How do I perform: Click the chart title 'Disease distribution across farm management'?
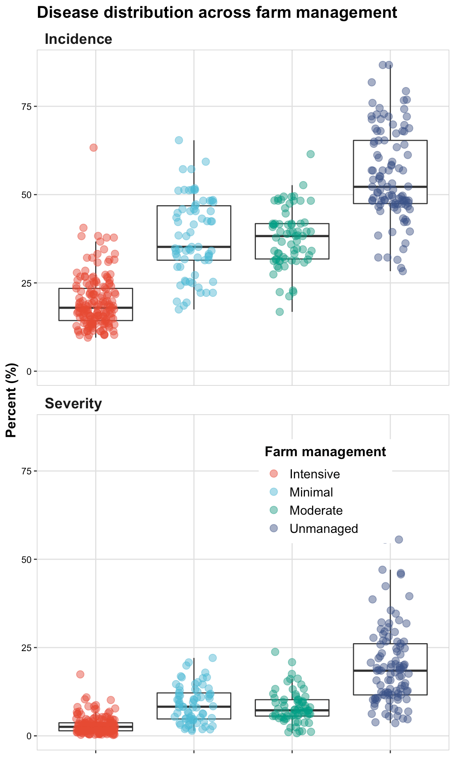click(217, 13)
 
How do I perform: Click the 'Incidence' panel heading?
click(78, 39)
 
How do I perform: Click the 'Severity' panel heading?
click(73, 404)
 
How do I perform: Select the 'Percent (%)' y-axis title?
click(12, 400)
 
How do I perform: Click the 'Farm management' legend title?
click(325, 451)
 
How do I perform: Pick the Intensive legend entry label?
click(314, 474)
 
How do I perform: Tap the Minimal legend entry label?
click(311, 492)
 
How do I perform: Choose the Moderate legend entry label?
click(316, 510)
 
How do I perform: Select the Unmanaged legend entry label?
click(323, 529)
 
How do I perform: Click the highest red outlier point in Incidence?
click(93, 147)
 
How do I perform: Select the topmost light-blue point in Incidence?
click(179, 140)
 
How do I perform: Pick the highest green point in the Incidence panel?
click(310, 154)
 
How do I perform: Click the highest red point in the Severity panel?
click(80, 674)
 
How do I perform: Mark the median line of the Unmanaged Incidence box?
click(390, 187)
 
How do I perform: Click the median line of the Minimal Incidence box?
click(194, 246)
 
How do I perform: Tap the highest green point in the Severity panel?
click(275, 651)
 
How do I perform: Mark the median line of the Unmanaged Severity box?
click(390, 670)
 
